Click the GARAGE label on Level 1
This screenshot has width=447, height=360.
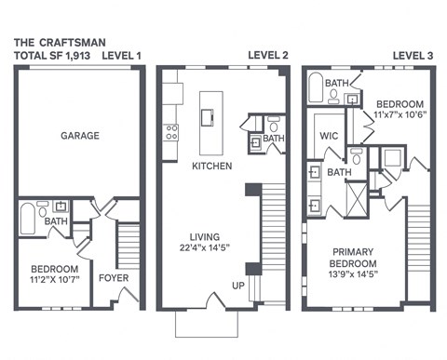tap(79, 136)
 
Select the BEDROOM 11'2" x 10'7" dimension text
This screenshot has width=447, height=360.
tap(53, 277)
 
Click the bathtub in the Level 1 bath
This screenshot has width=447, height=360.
tap(29, 220)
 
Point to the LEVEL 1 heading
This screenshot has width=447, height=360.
tap(121, 56)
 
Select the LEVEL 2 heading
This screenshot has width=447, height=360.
tap(267, 56)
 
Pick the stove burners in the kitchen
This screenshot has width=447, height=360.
tap(171, 132)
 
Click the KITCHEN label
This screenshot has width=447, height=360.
tap(211, 167)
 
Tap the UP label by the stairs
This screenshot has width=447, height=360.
tap(238, 285)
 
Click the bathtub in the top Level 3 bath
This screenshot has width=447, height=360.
tap(317, 91)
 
